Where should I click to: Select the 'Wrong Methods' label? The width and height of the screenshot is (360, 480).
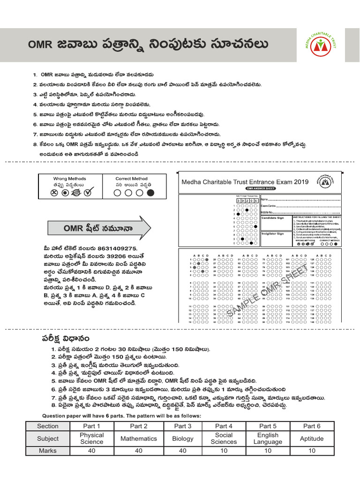(69, 179)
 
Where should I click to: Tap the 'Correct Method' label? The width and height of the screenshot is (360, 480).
(131, 179)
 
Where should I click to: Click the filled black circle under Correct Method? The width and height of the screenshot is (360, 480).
(150, 192)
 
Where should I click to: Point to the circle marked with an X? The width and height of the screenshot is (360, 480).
(54, 193)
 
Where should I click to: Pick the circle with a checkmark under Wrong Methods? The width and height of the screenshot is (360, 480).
(87, 192)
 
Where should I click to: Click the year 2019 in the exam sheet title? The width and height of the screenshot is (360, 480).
(299, 182)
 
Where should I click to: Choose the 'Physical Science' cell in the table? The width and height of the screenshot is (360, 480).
(91, 438)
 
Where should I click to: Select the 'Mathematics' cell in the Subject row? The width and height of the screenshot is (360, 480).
(139, 438)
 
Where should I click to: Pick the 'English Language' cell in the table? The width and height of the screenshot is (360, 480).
(268, 438)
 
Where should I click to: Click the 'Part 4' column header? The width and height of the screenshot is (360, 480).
(224, 426)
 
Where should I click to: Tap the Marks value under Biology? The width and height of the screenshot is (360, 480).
(182, 450)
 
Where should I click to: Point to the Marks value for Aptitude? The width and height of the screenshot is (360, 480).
(312, 450)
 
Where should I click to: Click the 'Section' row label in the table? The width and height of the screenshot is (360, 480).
(48, 426)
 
